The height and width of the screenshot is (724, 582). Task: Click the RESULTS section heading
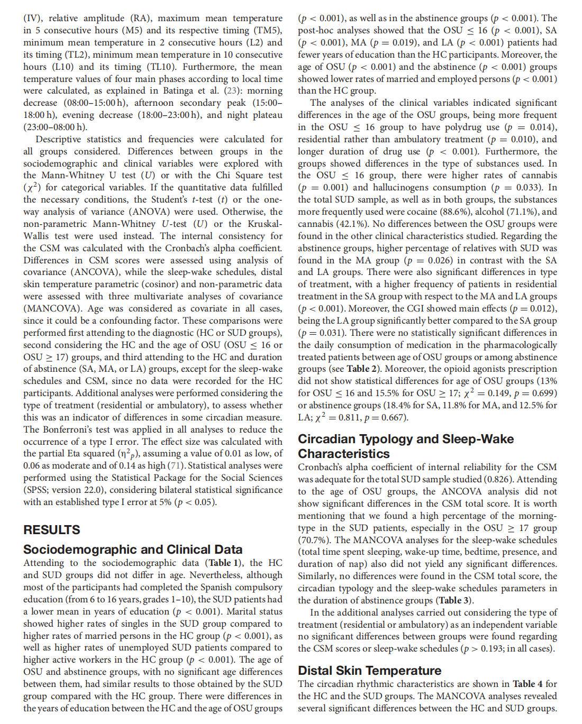click(52, 529)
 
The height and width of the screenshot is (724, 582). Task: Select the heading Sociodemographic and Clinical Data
click(133, 549)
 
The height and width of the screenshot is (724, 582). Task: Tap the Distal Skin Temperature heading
click(369, 671)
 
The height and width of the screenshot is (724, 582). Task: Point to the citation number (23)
click(231, 90)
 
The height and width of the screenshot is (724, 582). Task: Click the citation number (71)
click(176, 465)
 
